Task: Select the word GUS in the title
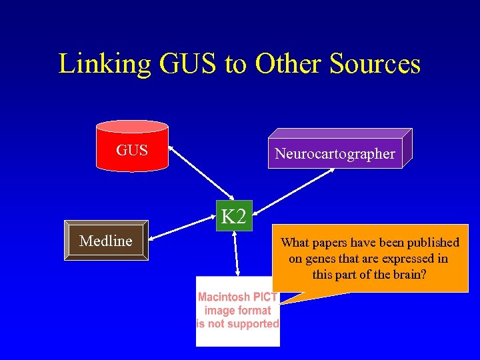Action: [189, 64]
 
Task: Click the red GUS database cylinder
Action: [132, 147]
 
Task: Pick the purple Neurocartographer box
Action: [335, 154]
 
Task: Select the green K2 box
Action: [233, 216]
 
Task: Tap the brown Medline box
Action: [106, 241]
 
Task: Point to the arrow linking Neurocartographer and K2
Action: [293, 185]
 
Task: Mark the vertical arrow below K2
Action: [236, 253]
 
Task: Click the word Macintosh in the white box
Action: [224, 297]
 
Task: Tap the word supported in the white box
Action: [252, 324]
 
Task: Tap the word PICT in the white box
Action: [265, 297]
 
